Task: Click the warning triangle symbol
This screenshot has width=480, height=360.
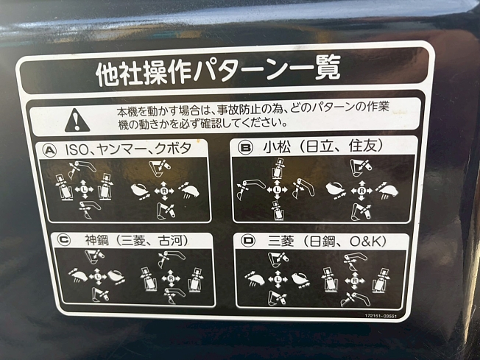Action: point(77,120)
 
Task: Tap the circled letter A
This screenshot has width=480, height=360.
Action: point(50,151)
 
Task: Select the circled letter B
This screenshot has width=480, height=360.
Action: point(245,148)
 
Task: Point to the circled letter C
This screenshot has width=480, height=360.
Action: point(64,240)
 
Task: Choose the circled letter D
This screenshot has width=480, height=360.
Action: point(248,241)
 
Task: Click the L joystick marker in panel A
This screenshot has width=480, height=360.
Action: point(84,190)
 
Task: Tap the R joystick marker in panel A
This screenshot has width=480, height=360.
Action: point(164,191)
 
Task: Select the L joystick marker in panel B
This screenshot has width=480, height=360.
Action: point(277,190)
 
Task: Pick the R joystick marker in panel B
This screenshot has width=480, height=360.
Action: point(361,191)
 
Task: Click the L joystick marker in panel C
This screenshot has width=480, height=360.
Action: point(98,277)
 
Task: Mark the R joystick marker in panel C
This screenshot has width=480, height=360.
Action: point(172,278)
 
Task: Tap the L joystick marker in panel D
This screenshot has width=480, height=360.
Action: point(278,279)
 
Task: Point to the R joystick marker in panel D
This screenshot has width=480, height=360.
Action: point(355,280)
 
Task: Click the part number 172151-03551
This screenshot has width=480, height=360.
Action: point(381,316)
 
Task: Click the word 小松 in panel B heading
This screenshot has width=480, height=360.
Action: point(277,147)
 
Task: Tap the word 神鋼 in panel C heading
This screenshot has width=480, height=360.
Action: point(96,240)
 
